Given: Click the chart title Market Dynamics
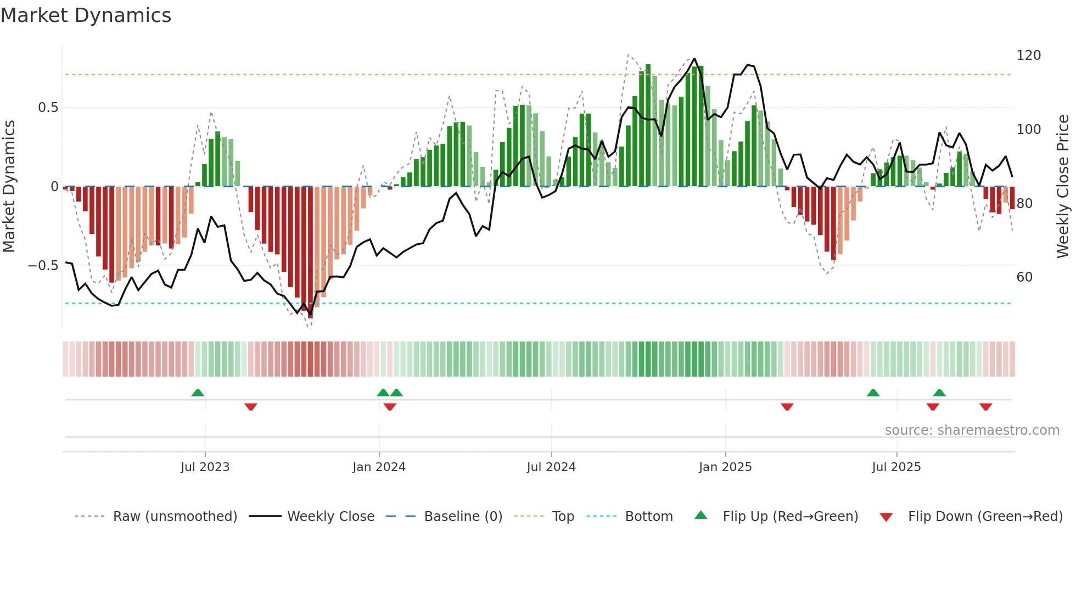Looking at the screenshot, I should point(86,15).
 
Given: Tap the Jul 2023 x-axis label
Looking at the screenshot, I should point(205,467).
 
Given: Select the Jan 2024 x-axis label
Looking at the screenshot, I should point(379,467).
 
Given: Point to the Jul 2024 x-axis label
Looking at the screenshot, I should point(551,467).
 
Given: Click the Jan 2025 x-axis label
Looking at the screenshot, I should point(725,467).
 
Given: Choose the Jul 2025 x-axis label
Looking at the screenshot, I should point(896,467).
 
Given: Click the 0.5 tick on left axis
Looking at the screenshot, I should point(48,108).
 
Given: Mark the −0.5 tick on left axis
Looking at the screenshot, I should point(43,266).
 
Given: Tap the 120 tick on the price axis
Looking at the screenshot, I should point(1028,55).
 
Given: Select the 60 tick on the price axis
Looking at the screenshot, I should point(1024,277).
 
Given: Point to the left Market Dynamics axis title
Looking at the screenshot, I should point(9,187).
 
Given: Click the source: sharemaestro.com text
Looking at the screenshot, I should point(972,430).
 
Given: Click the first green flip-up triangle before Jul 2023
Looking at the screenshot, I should point(198,393).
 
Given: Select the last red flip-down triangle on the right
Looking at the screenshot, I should point(985,407).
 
